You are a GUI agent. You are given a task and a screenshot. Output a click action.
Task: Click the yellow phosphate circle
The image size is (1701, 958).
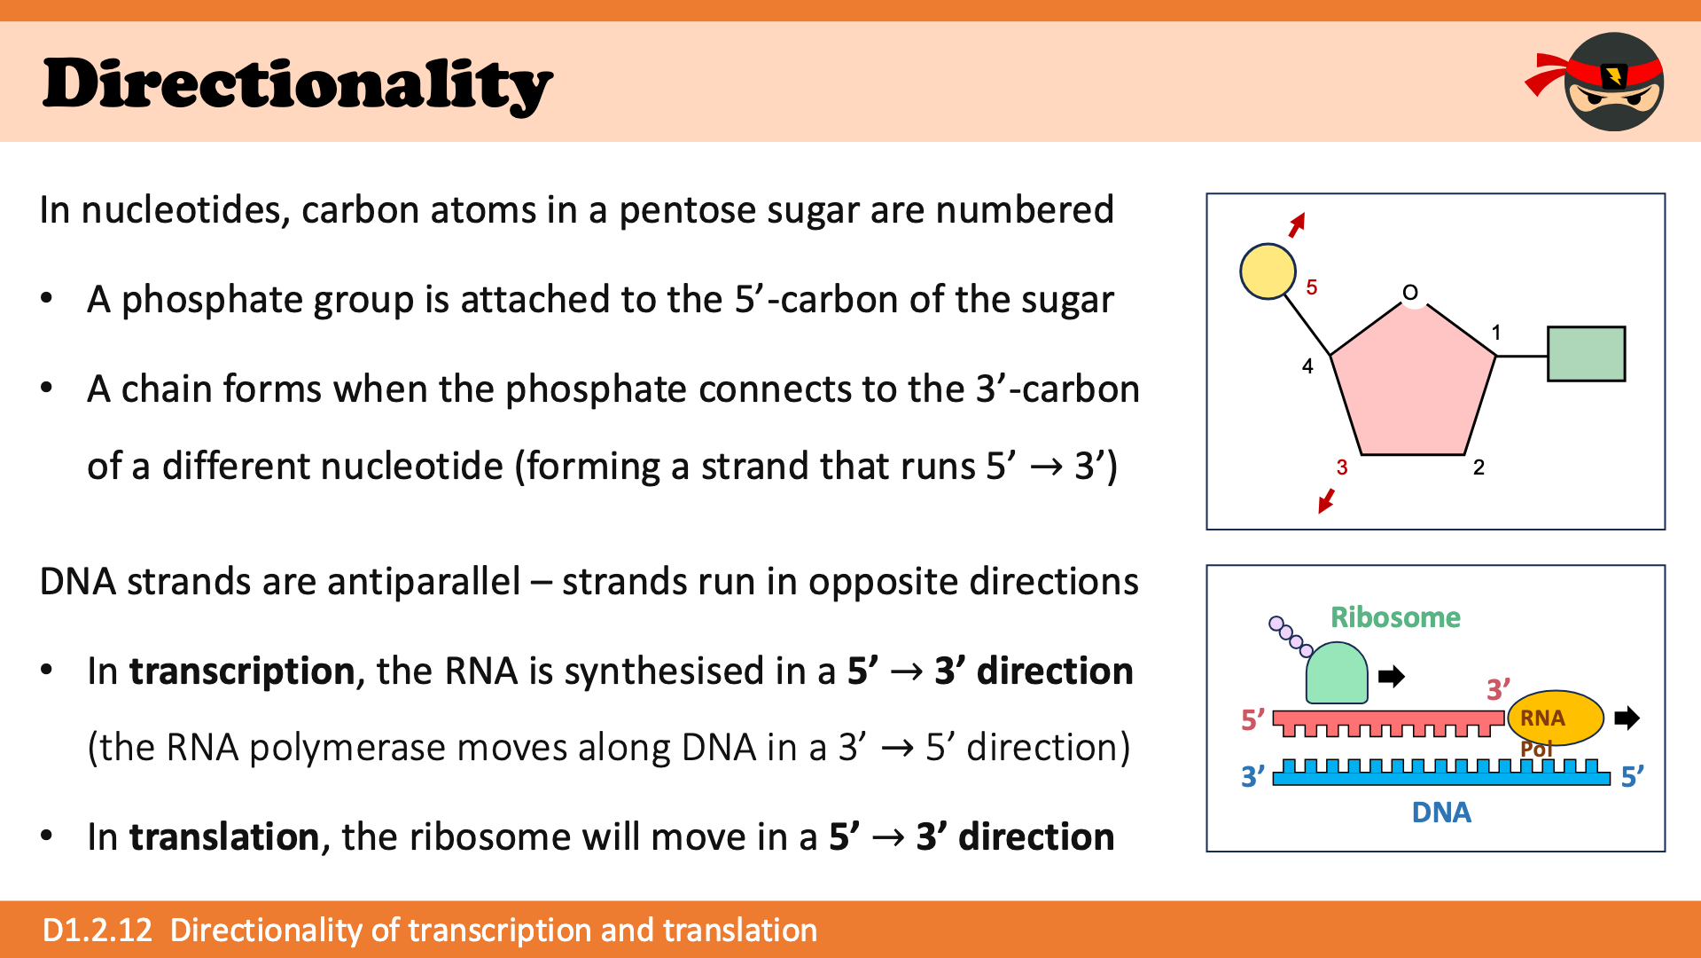(x=1268, y=271)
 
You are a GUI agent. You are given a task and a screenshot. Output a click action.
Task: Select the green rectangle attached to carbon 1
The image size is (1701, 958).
(x=1586, y=354)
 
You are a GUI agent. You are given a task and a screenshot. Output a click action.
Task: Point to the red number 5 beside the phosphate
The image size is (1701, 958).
(x=1312, y=287)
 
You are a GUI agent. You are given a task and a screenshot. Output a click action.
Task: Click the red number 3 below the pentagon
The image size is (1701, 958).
(x=1342, y=467)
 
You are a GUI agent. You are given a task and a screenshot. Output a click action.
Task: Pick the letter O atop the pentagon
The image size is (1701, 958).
(x=1410, y=293)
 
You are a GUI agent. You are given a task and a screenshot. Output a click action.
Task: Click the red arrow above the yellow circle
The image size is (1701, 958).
(x=1297, y=225)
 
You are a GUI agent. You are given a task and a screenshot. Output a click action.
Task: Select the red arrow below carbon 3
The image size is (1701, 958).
(x=1326, y=500)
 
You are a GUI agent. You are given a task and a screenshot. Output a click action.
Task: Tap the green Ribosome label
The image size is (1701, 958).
(x=1395, y=617)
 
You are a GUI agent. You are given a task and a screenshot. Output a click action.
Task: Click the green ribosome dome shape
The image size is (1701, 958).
(x=1337, y=673)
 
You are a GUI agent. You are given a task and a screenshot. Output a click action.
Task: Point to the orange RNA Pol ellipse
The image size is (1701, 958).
(x=1556, y=718)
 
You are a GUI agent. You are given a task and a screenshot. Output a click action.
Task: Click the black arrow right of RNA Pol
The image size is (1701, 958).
(x=1627, y=718)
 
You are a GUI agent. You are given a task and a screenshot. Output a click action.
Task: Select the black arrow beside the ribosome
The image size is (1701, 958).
(x=1392, y=677)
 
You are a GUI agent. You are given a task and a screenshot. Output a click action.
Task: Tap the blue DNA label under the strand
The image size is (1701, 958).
(x=1441, y=813)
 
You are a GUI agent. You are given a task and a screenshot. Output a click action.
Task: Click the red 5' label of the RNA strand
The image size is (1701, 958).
(x=1253, y=719)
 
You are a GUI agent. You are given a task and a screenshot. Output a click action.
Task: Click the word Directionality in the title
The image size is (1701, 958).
(x=298, y=85)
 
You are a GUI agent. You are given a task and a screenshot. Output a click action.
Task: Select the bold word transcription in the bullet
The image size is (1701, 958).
(x=242, y=671)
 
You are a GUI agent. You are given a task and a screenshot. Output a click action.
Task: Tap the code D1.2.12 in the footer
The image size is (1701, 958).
(x=98, y=930)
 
